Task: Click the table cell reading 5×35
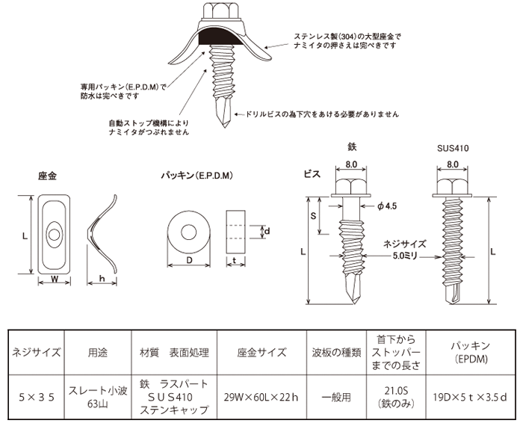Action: click(37, 398)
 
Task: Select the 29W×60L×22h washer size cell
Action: click(261, 398)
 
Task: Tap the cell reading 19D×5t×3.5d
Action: click(470, 398)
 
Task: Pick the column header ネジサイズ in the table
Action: click(37, 352)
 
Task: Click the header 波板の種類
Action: click(336, 352)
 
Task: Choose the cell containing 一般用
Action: click(336, 398)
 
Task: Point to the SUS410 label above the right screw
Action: click(453, 149)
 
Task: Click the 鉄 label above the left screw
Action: click(352, 146)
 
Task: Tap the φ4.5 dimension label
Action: click(387, 206)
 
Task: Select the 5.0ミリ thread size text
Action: click(404, 256)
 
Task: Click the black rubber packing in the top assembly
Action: click(220, 37)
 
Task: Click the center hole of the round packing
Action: click(189, 232)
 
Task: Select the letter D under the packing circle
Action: click(189, 261)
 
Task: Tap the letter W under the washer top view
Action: click(55, 279)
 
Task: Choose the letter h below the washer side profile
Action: click(102, 279)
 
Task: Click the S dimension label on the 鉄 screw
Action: click(313, 216)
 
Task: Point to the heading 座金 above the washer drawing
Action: click(47, 176)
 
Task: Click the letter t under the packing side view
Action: click(235, 261)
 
